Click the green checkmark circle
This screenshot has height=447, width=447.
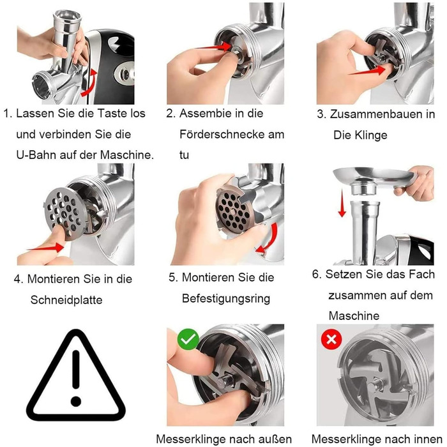[188, 339]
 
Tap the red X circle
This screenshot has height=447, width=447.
[331, 339]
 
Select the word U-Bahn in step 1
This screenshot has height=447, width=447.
[36, 155]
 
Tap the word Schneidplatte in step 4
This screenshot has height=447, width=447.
[66, 300]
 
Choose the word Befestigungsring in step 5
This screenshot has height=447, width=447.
[226, 299]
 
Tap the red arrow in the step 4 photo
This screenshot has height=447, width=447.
[45, 247]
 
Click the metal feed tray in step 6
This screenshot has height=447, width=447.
[375, 178]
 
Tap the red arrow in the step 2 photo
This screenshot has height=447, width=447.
[215, 47]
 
